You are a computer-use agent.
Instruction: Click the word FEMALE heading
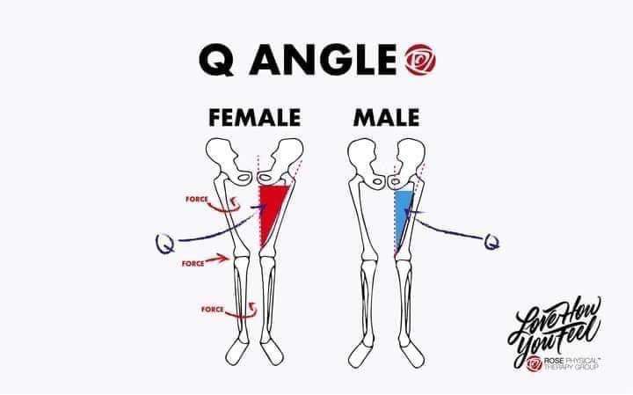pos(254,118)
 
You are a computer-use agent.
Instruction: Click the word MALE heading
pos(386,118)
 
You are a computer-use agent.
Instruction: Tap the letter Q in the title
pos(217,60)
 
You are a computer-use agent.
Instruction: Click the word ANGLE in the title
pos(323,60)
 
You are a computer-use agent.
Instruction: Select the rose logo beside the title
pos(420,60)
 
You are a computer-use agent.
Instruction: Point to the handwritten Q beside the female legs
pos(165,244)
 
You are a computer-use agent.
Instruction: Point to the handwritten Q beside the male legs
pos(491,242)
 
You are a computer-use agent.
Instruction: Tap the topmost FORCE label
pos(197,199)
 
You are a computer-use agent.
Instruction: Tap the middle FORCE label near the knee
pos(193,264)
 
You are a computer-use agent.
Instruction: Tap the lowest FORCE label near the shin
pos(213,310)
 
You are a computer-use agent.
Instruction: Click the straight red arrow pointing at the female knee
pos(217,259)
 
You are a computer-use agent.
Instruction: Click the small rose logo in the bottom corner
pos(535,363)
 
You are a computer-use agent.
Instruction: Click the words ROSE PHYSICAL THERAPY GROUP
pos(571,363)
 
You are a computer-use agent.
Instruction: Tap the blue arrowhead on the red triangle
pos(260,207)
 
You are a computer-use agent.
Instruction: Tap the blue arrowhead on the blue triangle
pos(412,212)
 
